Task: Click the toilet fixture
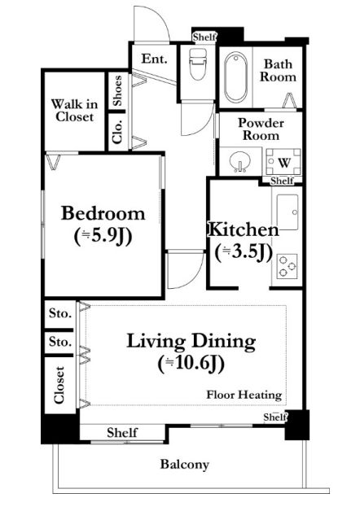point(198,63)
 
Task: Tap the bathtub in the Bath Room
point(235,77)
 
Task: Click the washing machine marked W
point(283,162)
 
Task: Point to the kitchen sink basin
point(288,212)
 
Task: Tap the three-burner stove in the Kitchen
point(287,266)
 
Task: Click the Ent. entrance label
point(154,59)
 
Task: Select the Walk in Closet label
point(74,111)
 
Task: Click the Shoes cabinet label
point(117,91)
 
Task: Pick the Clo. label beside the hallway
point(117,132)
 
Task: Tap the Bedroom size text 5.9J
point(103,236)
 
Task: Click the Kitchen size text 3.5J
point(244,252)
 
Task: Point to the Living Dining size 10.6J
point(191,364)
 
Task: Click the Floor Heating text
point(244,395)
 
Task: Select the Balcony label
point(185,465)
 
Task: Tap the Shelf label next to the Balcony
point(122,433)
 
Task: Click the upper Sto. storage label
point(60,313)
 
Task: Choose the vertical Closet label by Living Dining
point(59,385)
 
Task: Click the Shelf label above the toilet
point(204,37)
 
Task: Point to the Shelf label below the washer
point(283,180)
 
